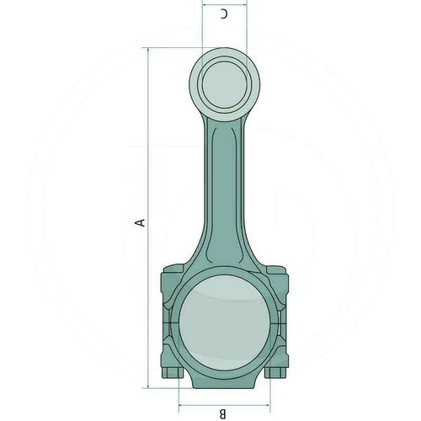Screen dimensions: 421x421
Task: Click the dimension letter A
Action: [x=140, y=222]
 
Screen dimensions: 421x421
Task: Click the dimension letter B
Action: [x=222, y=413]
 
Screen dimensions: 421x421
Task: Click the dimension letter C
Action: [x=224, y=13]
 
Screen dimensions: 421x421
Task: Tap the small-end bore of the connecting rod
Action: [x=224, y=86]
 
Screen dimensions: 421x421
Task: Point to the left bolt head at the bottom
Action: [x=173, y=372]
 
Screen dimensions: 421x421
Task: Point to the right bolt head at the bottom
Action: [x=275, y=372]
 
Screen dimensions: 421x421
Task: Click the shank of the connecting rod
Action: [x=224, y=191]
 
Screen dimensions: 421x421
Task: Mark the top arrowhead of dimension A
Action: [x=148, y=50]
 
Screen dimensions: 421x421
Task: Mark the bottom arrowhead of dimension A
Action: [x=148, y=386]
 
